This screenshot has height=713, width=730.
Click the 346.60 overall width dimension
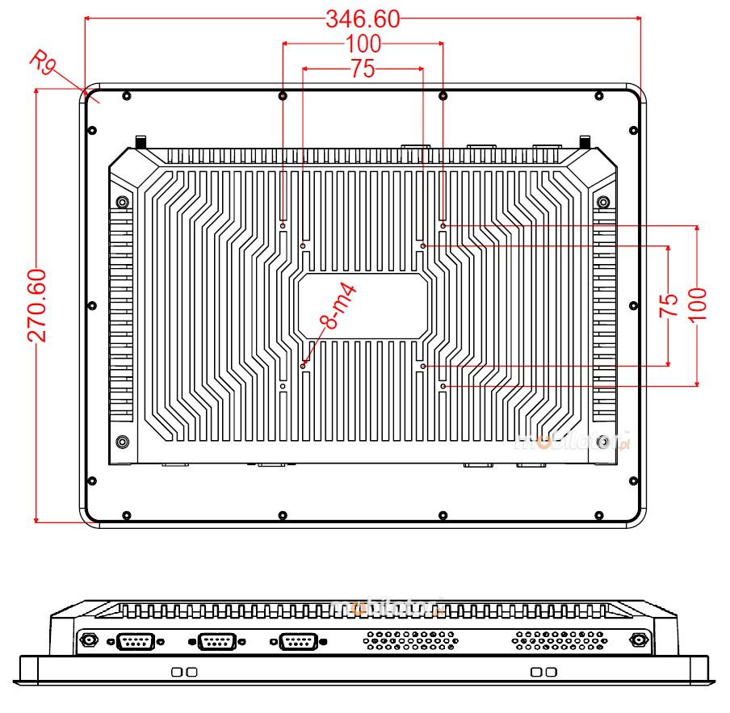[363, 19]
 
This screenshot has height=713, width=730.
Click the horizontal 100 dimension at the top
[363, 44]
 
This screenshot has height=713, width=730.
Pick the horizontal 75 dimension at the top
[363, 69]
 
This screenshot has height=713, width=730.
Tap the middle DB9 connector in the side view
[216, 642]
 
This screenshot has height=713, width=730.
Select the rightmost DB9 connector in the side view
[297, 642]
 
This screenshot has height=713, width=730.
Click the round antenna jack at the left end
[88, 641]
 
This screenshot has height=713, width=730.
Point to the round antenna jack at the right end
[638, 641]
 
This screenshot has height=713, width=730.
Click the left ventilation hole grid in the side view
[411, 640]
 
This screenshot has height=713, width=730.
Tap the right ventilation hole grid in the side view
[559, 640]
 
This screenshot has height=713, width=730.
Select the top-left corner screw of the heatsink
[122, 202]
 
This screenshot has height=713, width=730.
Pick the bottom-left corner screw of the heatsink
[122, 442]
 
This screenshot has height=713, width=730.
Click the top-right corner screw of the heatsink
[602, 202]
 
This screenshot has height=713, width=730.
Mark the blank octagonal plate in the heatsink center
[363, 305]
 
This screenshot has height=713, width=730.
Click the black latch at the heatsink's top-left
[141, 142]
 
